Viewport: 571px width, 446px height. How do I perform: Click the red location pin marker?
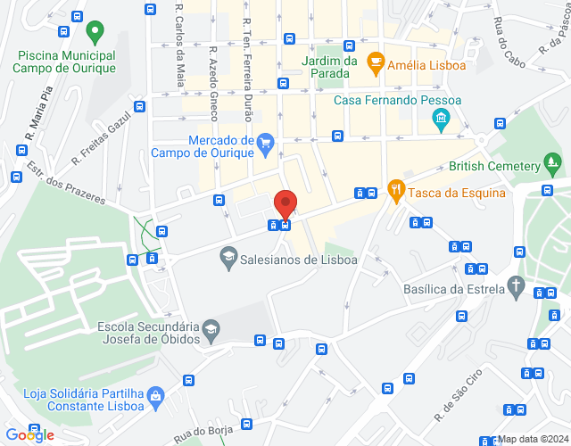click(285, 204)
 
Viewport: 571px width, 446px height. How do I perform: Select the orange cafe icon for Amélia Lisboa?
click(376, 62)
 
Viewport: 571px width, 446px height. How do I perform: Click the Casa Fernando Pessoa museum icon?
click(439, 119)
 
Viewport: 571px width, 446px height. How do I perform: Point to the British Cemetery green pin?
click(553, 164)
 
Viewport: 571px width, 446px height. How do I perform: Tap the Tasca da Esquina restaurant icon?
click(395, 189)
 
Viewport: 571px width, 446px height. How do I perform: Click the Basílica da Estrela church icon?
click(516, 285)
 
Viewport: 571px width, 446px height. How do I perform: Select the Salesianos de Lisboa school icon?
click(228, 258)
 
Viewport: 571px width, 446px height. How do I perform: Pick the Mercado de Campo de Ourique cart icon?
click(265, 141)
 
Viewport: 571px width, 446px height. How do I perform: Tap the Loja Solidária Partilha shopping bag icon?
click(156, 394)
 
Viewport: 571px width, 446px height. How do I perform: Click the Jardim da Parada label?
click(330, 67)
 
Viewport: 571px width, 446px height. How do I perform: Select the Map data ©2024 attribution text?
click(533, 439)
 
